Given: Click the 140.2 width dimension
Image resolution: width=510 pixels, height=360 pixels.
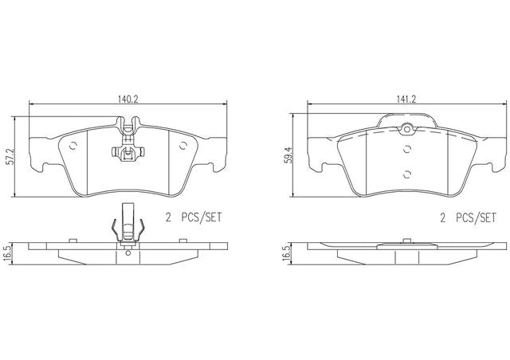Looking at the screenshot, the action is click(x=128, y=99).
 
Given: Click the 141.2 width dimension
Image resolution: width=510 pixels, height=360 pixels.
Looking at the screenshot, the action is click(x=406, y=99).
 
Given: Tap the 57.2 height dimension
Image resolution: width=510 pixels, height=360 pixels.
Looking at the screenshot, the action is click(x=10, y=157).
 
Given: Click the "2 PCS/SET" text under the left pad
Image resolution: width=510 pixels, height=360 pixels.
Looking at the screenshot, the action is click(x=194, y=217).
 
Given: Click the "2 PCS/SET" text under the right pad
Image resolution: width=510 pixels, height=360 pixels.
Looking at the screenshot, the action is click(x=469, y=217).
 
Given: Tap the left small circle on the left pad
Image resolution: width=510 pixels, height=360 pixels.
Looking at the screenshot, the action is click(x=73, y=146).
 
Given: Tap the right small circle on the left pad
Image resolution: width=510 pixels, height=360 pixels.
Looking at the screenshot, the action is click(x=183, y=146).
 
